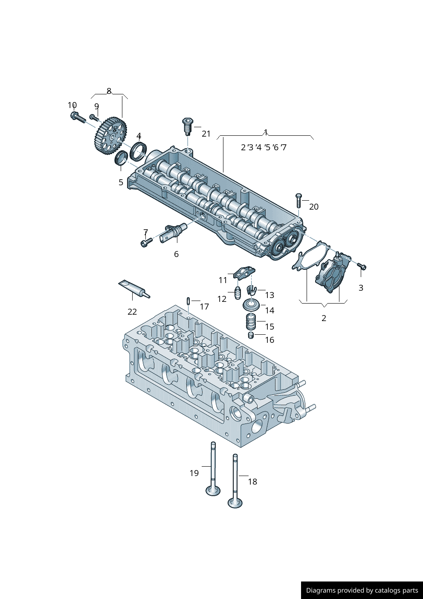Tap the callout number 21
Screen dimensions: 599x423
[x=206, y=134]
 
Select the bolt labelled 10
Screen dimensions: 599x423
[x=77, y=117]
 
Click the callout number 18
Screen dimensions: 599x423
[x=252, y=482]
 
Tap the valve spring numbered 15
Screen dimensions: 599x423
[x=251, y=321]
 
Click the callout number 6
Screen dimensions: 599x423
[x=176, y=254]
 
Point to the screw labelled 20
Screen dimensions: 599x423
[x=298, y=201]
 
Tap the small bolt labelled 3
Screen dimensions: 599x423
[x=362, y=266]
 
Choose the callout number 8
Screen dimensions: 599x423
[x=109, y=91]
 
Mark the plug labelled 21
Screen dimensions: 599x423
[x=187, y=126]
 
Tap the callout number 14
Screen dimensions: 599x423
[x=269, y=310]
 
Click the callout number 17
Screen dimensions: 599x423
[x=204, y=307]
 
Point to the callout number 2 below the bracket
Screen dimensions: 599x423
[x=324, y=318]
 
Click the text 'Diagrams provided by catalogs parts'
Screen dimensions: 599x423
[x=362, y=590]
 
